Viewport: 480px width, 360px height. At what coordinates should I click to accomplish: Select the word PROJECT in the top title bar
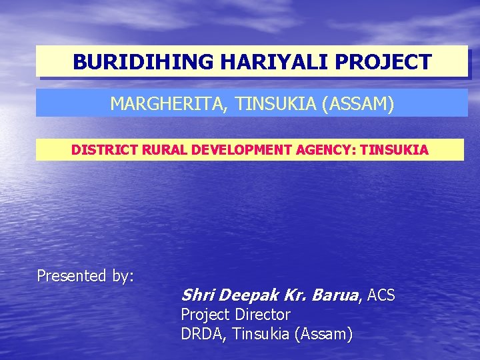pos(383,62)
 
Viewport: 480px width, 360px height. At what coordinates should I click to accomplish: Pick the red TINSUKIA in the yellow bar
pos(394,150)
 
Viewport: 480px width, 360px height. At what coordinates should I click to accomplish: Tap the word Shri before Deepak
pos(197,295)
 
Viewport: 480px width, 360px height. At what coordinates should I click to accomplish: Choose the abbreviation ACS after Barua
pos(381,295)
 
